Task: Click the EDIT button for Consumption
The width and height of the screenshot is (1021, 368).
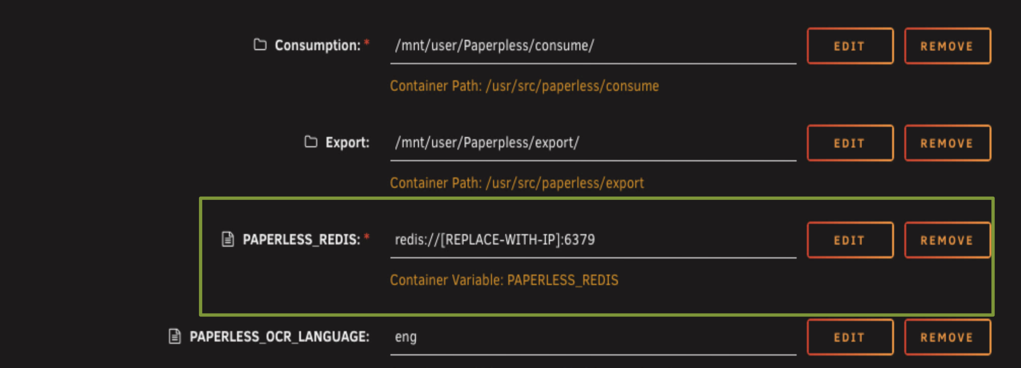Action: [x=850, y=46]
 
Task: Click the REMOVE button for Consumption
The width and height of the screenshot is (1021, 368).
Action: [x=947, y=46]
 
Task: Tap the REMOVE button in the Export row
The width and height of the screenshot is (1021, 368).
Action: [x=947, y=143]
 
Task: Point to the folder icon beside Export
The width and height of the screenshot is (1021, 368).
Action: [x=311, y=141]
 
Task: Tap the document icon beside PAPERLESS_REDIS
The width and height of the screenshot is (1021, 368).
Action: [x=227, y=239]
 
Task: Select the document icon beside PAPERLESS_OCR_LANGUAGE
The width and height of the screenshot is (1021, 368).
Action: [x=174, y=336]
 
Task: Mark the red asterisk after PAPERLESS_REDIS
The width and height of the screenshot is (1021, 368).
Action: [x=367, y=237]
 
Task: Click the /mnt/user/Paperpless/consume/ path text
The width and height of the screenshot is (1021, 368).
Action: [x=494, y=46]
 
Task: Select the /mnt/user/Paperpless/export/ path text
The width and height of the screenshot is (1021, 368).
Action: [x=487, y=143]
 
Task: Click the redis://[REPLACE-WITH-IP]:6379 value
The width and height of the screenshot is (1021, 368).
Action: [x=495, y=240]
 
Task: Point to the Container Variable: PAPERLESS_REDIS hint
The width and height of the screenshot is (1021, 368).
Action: [x=504, y=280]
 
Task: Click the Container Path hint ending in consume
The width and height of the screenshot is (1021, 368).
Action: [x=524, y=86]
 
